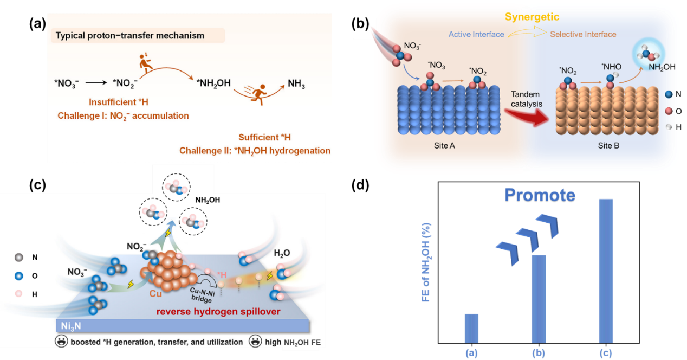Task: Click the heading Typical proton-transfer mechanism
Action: click(x=130, y=36)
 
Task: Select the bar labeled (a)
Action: click(x=472, y=327)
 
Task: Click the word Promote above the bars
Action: click(x=539, y=196)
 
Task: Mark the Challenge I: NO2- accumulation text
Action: click(x=123, y=115)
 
